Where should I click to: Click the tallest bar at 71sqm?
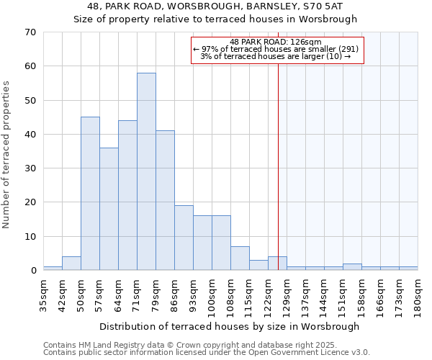146,171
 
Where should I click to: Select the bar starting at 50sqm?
90,193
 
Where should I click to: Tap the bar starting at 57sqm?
109,209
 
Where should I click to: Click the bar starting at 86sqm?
184,238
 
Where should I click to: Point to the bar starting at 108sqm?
240,258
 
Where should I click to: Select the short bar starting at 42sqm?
71,264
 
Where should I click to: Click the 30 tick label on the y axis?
30,168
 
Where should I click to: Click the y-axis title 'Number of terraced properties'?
7,155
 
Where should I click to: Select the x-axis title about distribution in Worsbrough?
228,326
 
